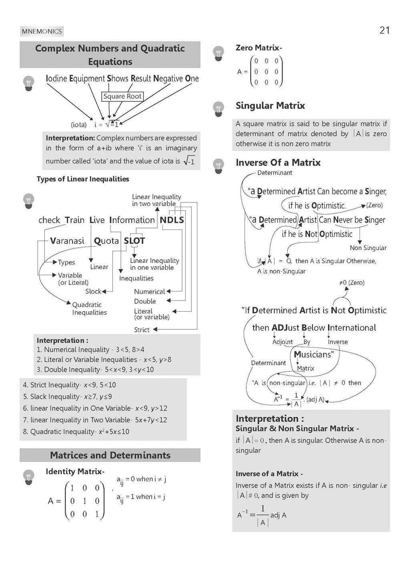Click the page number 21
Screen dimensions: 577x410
pyautogui.click(x=384, y=30)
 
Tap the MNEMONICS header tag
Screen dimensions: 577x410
pyautogui.click(x=42, y=31)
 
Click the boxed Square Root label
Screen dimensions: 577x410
pyautogui.click(x=123, y=96)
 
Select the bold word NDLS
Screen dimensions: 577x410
pyautogui.click(x=172, y=220)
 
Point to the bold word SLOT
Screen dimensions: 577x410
pyautogui.click(x=134, y=241)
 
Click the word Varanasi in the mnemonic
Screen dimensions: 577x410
pyautogui.click(x=67, y=241)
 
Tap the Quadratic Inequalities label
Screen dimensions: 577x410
pyautogui.click(x=89, y=309)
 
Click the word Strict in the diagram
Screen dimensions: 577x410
pyautogui.click(x=142, y=330)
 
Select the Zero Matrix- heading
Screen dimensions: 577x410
pyautogui.click(x=259, y=48)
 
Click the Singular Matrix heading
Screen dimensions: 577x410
pyautogui.click(x=270, y=106)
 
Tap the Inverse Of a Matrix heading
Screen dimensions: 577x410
pyautogui.click(x=278, y=163)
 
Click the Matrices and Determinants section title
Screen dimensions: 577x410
pyautogui.click(x=110, y=455)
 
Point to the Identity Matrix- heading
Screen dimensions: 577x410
pyautogui.click(x=75, y=472)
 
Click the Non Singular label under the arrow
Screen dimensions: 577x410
pyautogui.click(x=368, y=248)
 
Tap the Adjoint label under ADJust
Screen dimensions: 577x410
pyautogui.click(x=282, y=342)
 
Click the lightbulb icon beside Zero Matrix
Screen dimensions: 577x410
pyautogui.click(x=218, y=53)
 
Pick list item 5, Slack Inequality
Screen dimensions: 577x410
pyautogui.click(x=67, y=397)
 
